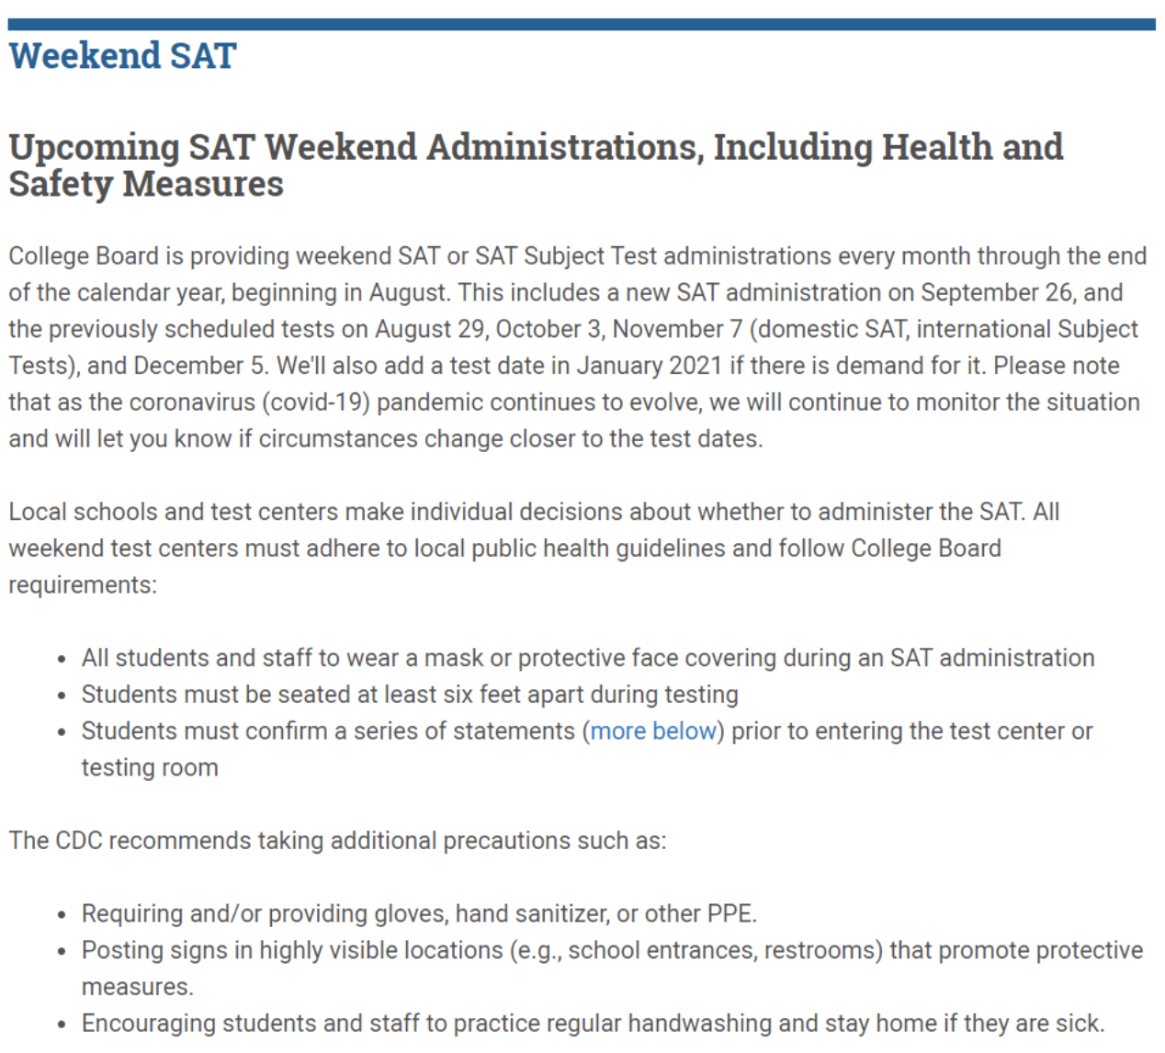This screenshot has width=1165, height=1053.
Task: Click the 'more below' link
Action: (652, 731)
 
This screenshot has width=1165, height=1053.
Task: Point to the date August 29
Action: (428, 329)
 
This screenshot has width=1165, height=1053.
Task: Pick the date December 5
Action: (199, 366)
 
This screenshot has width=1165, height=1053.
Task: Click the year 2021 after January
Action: (695, 366)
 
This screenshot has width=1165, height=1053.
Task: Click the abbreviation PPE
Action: (730, 914)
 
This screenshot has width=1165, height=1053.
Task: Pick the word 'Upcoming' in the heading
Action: (94, 147)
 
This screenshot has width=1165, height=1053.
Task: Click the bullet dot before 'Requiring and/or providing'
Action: (62, 915)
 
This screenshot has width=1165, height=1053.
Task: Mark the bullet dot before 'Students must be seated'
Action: (62, 696)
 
